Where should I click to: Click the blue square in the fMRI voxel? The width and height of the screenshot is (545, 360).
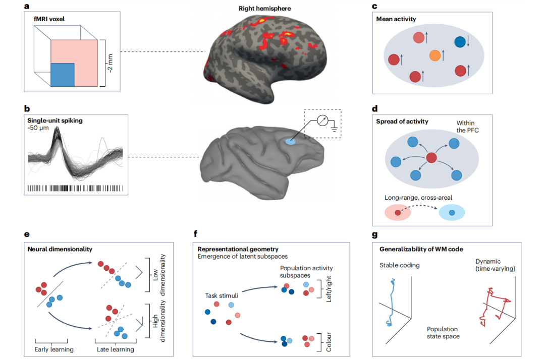[63, 75]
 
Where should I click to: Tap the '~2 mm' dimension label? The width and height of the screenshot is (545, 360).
[110, 63]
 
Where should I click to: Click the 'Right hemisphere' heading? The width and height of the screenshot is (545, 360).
[264, 9]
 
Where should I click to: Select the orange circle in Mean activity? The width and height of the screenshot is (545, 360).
[435, 55]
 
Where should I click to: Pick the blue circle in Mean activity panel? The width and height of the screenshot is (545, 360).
[460, 42]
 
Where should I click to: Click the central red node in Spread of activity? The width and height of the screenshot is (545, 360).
[431, 158]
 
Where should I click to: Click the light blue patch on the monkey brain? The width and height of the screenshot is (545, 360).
[290, 141]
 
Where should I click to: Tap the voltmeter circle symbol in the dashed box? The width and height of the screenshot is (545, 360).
[322, 121]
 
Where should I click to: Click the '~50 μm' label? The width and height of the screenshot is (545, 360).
[38, 128]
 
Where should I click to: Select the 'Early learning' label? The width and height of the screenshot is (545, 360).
[54, 349]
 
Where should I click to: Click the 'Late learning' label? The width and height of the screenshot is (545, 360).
[116, 349]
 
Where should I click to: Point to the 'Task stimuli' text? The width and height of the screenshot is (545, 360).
[222, 295]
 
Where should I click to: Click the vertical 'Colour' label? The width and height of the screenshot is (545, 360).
[329, 342]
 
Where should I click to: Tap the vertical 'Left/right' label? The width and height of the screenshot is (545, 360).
[329, 289]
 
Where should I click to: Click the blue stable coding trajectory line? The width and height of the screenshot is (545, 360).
[391, 302]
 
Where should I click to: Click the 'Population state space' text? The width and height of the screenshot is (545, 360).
[443, 333]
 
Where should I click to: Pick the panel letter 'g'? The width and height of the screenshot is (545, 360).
[374, 234]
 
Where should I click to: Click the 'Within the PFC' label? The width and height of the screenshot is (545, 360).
[467, 127]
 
